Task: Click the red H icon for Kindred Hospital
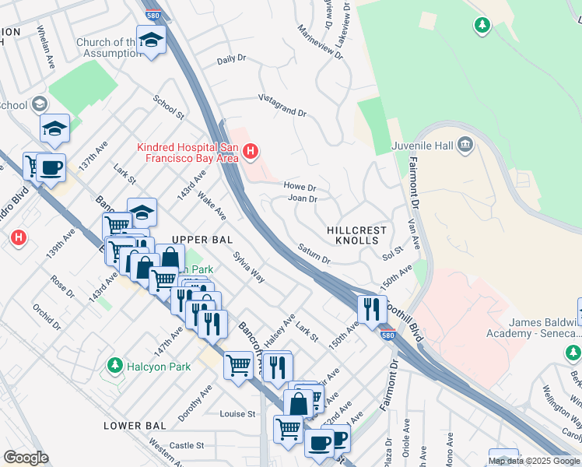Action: coord(250,151)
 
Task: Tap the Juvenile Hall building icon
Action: coord(465,143)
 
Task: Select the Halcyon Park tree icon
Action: coord(115,365)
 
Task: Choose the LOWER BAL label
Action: coord(134,426)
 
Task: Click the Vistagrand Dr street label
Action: coord(282,106)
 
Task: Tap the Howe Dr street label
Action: coord(300,188)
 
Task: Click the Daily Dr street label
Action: coord(231,59)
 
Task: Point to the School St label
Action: coord(168,107)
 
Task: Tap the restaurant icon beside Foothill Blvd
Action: coord(372,308)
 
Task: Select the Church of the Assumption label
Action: coord(107,48)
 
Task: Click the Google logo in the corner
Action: coord(26,458)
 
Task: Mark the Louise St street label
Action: coord(237,414)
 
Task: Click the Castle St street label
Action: coord(187,445)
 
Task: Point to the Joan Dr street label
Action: coord(303,199)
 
